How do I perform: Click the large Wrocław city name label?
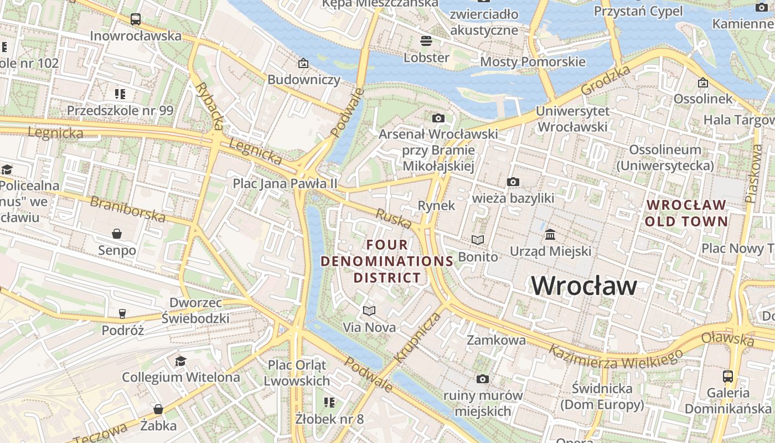click(x=584, y=286)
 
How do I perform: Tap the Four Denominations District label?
click(x=387, y=261)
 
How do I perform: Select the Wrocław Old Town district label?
click(x=686, y=213)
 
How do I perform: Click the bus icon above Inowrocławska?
click(x=136, y=19)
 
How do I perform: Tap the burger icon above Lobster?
click(x=426, y=40)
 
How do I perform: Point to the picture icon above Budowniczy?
click(x=303, y=63)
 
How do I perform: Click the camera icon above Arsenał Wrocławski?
click(x=438, y=118)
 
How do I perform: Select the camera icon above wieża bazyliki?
click(x=513, y=182)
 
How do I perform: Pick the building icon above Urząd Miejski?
click(x=550, y=235)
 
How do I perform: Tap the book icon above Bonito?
click(x=478, y=240)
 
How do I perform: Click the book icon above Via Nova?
click(x=369, y=311)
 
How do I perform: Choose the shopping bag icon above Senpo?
click(x=117, y=234)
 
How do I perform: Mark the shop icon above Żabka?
click(x=158, y=409)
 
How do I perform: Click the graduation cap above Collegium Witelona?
click(x=180, y=361)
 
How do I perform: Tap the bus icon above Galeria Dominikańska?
click(x=728, y=377)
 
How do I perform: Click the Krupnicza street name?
click(x=418, y=338)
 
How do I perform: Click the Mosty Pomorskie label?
click(x=532, y=61)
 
